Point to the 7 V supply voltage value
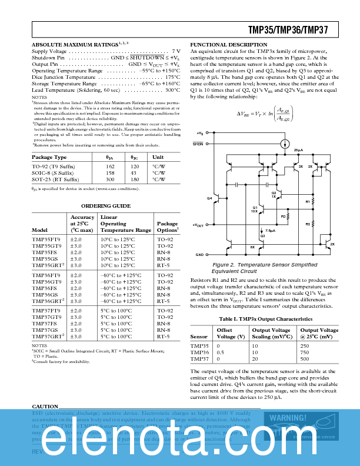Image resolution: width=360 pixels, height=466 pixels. (176, 52)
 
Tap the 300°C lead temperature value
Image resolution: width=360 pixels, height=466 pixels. (172, 90)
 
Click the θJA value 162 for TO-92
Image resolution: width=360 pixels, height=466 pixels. (110, 167)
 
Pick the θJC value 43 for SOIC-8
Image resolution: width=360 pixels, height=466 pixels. (134, 173)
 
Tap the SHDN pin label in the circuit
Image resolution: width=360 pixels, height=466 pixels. (198, 144)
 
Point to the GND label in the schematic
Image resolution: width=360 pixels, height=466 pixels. (199, 255)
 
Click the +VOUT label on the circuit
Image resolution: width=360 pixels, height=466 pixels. (198, 225)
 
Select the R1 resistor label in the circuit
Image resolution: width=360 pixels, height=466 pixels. (308, 202)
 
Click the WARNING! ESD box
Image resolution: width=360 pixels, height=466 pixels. (302, 425)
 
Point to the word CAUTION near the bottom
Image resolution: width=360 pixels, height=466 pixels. (45, 407)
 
